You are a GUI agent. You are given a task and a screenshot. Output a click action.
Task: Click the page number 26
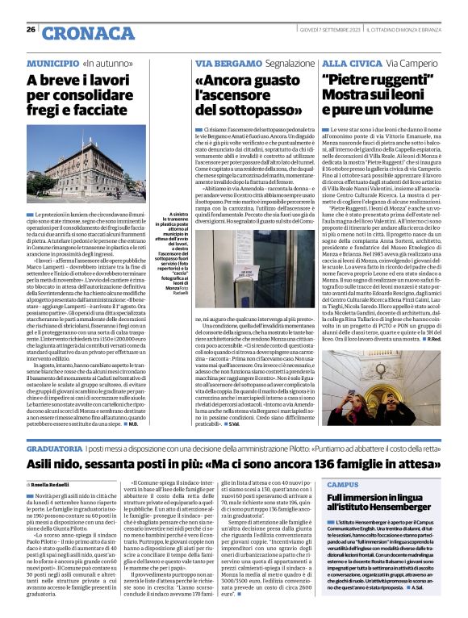(x=31, y=30)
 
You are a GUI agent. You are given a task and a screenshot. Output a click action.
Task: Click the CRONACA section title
(x=77, y=33)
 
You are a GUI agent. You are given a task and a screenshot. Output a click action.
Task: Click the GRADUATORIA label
(x=53, y=446)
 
